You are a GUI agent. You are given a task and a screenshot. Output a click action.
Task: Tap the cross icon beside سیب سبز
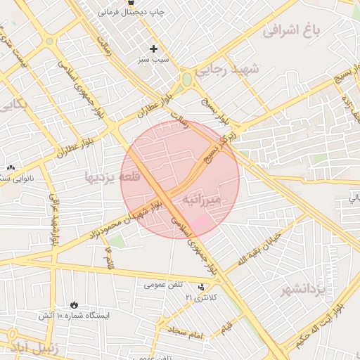(x=153, y=49)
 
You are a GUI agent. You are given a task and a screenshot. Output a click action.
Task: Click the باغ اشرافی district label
(x=290, y=30)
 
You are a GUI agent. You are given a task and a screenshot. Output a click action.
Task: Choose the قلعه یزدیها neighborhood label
(x=112, y=177)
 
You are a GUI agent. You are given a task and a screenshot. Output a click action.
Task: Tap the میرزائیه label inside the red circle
(x=202, y=200)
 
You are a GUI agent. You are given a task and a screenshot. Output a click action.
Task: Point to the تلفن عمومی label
(x=163, y=284)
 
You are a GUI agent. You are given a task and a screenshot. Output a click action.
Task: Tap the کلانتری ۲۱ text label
(x=202, y=298)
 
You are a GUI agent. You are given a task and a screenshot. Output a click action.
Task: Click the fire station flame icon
(x=75, y=304)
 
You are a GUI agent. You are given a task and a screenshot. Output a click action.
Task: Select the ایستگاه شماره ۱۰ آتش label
(x=75, y=316)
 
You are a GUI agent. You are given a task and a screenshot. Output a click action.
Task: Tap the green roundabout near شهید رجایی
(x=187, y=79)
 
